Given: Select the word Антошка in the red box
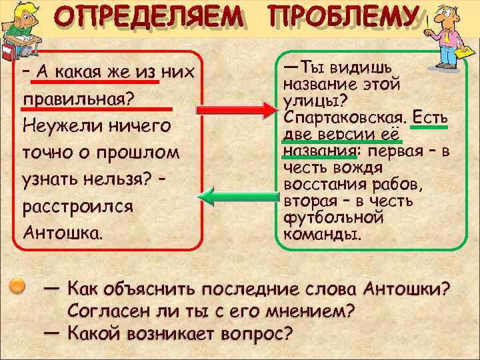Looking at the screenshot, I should [61, 233].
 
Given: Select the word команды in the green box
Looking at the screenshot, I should [321, 235].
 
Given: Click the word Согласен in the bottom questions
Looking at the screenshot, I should [107, 311].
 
